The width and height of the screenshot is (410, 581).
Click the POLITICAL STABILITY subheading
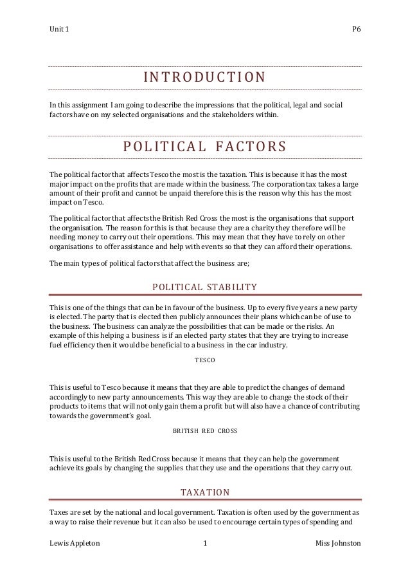(x=204, y=287)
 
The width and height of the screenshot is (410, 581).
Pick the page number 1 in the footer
(x=204, y=544)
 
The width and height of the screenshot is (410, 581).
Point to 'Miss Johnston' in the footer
(x=338, y=544)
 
